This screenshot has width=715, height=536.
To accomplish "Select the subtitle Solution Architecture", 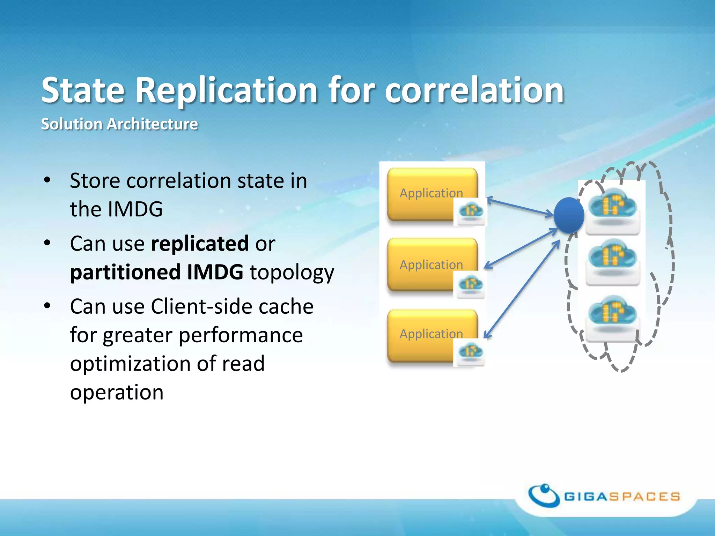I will click(x=119, y=124).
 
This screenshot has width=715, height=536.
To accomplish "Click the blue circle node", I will click(x=569, y=215).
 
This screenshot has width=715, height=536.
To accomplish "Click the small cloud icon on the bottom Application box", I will click(x=471, y=352).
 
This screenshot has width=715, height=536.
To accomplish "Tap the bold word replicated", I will click(x=200, y=244).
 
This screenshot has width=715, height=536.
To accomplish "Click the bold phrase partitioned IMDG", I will click(x=156, y=272).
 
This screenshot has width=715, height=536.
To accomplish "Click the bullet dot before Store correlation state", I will click(x=47, y=180).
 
